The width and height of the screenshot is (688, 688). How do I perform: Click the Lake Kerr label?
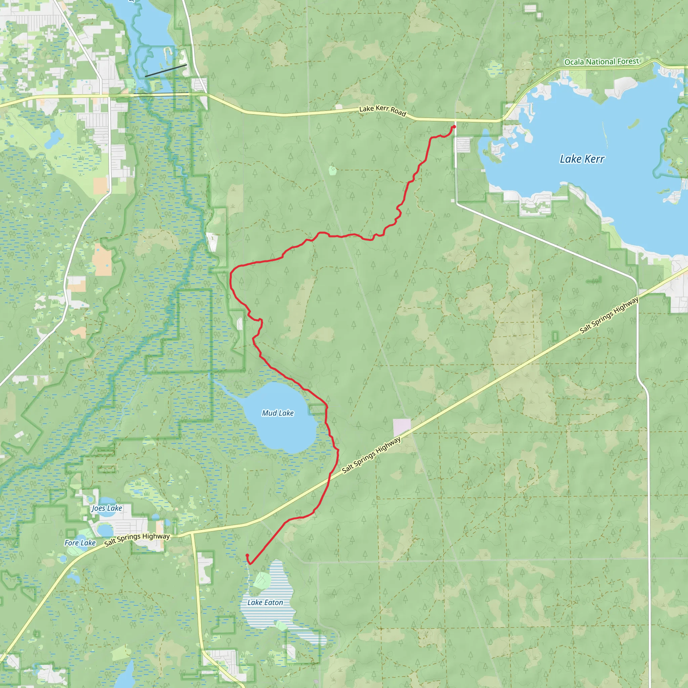tap(582, 159)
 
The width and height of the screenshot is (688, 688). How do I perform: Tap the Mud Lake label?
tap(278, 413)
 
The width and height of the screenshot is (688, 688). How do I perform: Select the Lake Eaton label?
tap(265, 603)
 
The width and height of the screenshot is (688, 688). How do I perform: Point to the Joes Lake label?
tap(107, 508)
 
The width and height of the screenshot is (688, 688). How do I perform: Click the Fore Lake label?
tap(80, 543)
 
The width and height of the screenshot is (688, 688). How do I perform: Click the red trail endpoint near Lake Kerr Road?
tap(454, 127)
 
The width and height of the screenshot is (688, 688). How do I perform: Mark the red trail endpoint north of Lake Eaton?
tap(247, 555)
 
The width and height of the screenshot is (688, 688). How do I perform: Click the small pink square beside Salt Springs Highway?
tap(402, 427)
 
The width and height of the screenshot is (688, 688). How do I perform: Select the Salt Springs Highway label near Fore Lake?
tap(137, 539)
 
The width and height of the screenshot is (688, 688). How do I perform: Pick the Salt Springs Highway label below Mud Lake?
tap(372, 455)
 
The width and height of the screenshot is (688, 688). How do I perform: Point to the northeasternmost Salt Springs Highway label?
tap(609, 315)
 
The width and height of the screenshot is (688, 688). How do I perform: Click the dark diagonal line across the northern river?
tap(166, 71)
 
